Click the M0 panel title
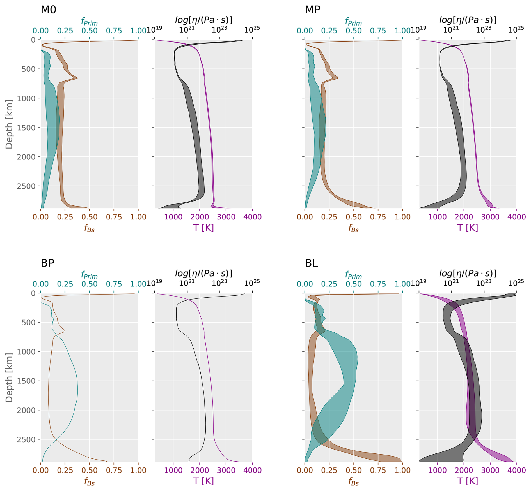click(48, 10)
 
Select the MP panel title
click(312, 10)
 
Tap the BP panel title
click(47, 263)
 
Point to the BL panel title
click(311, 263)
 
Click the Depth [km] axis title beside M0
click(9, 124)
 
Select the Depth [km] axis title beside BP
click(9, 377)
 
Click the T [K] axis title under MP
click(468, 228)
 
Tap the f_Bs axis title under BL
click(353, 481)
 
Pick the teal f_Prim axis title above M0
click(89, 21)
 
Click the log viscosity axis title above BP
click(203, 273)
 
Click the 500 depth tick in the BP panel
click(29, 323)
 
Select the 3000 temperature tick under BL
click(490, 470)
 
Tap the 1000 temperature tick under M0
click(173, 217)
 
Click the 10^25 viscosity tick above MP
click(516, 29)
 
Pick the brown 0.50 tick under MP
click(354, 217)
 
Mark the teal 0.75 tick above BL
click(378, 284)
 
